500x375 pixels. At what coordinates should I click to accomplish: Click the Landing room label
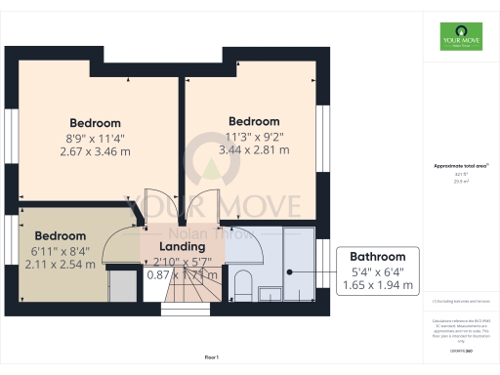coord(177,247)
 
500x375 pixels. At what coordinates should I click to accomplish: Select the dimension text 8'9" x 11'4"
coord(95,138)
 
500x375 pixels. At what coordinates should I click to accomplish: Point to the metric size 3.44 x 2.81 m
coord(254,150)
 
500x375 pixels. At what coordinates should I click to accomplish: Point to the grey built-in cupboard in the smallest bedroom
coord(123,286)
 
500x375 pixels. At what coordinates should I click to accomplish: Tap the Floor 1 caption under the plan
coord(211,357)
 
